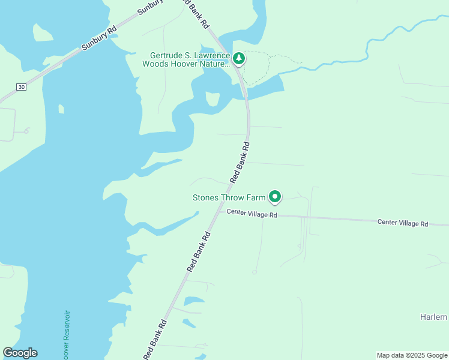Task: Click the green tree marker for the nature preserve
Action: tap(240, 58)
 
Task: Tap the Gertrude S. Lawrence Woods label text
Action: tap(186, 59)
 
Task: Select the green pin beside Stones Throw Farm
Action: tap(275, 196)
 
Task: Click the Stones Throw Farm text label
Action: tap(229, 197)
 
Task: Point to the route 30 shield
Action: tap(21, 87)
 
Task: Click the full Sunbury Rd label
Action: tap(99, 38)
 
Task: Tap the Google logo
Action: tap(20, 353)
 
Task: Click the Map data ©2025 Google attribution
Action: tap(411, 355)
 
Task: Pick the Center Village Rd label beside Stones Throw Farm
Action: tap(252, 214)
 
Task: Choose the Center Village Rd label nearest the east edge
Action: tap(403, 223)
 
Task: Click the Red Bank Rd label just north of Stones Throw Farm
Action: tap(240, 163)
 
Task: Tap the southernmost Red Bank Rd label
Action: tap(155, 340)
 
